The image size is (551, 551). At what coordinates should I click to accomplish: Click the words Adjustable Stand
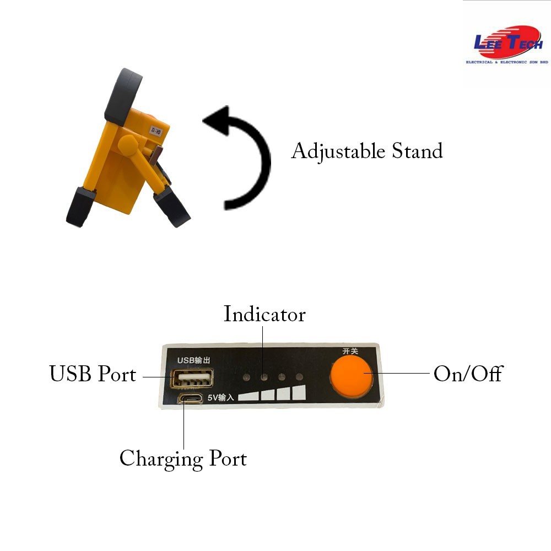tap(366, 151)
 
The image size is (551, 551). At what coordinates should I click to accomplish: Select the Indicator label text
tap(264, 314)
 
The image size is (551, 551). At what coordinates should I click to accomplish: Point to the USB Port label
tap(93, 374)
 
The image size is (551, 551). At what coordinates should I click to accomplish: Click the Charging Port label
tap(183, 458)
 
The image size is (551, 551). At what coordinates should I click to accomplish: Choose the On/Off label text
tap(468, 374)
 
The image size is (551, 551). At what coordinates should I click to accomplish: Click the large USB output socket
tap(193, 379)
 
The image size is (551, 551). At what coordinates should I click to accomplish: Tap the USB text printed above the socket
tap(185, 360)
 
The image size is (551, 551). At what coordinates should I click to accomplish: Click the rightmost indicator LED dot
tap(300, 377)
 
